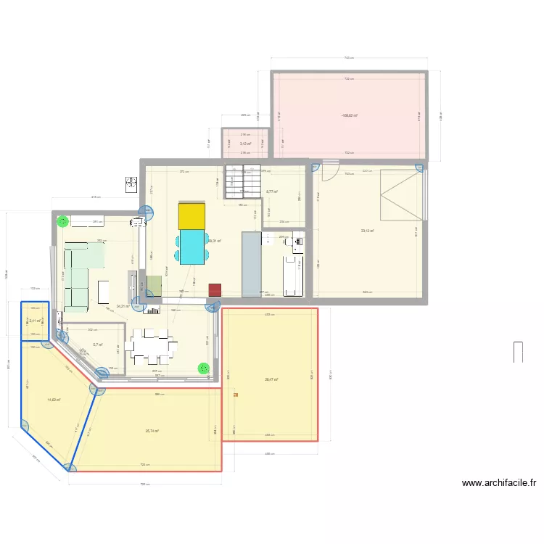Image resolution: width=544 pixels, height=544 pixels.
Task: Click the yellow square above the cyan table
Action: (191, 216)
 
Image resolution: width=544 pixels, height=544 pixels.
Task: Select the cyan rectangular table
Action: (192, 247)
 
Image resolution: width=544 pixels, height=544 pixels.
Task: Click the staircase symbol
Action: (242, 181)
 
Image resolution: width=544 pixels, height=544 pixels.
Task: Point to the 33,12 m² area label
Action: (368, 231)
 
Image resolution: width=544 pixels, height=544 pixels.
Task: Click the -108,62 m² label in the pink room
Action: (349, 115)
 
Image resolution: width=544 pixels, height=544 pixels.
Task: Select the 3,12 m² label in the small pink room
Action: (245, 144)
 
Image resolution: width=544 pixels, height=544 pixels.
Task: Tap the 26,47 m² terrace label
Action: (272, 379)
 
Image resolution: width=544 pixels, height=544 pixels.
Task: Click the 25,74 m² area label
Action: (152, 431)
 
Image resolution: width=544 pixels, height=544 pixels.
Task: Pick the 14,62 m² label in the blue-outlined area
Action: (54, 400)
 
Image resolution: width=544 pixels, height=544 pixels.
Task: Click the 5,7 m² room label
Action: (98, 345)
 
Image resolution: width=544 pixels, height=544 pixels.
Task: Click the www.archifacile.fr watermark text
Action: (498, 483)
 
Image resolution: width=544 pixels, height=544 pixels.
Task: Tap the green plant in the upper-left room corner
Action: (63, 221)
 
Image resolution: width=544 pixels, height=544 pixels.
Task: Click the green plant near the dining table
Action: (203, 368)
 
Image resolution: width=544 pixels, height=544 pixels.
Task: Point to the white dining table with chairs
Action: (152, 346)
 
